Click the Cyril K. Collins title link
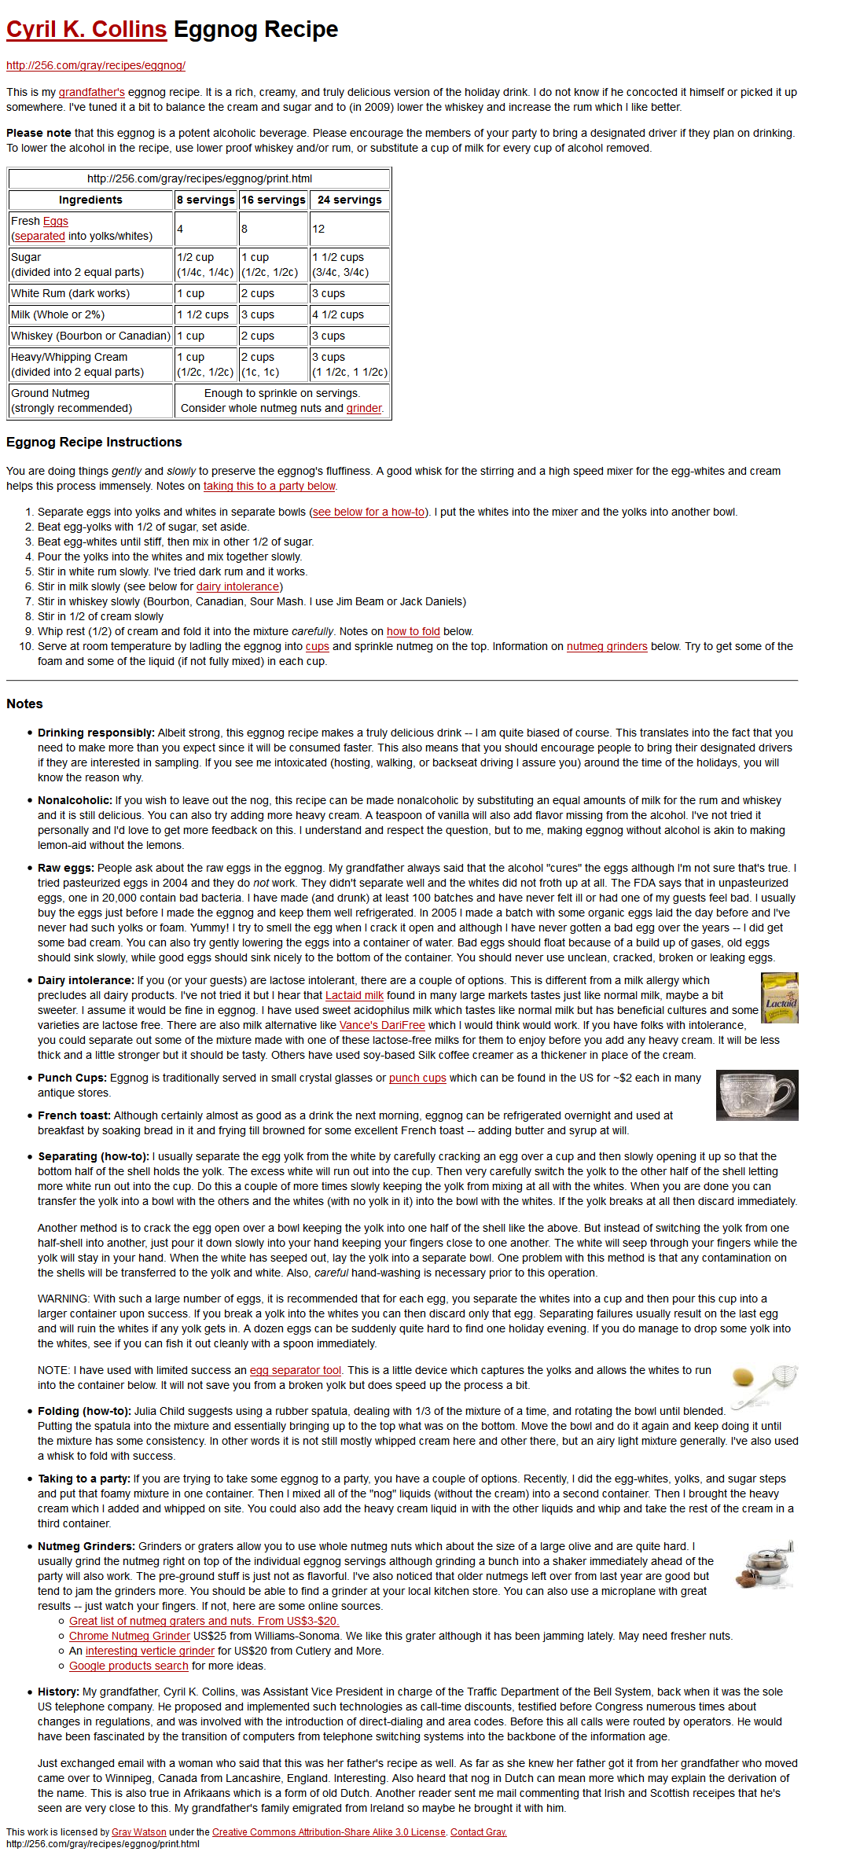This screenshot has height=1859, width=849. click(x=86, y=30)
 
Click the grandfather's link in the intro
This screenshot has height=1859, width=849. click(x=92, y=92)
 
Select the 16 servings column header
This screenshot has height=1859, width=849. click(x=274, y=200)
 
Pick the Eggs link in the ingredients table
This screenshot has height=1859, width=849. click(x=56, y=221)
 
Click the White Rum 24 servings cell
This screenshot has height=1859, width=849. click(x=350, y=293)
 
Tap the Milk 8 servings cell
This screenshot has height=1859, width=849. click(x=205, y=314)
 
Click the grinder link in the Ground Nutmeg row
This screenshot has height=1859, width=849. click(x=364, y=408)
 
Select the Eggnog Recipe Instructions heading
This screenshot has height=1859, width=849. click(x=94, y=442)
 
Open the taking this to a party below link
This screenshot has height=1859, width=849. click(x=270, y=486)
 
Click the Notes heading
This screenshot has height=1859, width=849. click(x=24, y=704)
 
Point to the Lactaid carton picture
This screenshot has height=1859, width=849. click(x=780, y=997)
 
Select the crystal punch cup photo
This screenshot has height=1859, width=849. click(x=757, y=1095)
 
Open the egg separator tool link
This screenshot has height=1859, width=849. click(x=296, y=1370)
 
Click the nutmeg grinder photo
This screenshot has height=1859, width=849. click(x=765, y=1564)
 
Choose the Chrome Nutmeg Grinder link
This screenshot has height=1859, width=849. click(x=130, y=1636)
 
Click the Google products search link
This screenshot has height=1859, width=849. click(x=129, y=1666)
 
